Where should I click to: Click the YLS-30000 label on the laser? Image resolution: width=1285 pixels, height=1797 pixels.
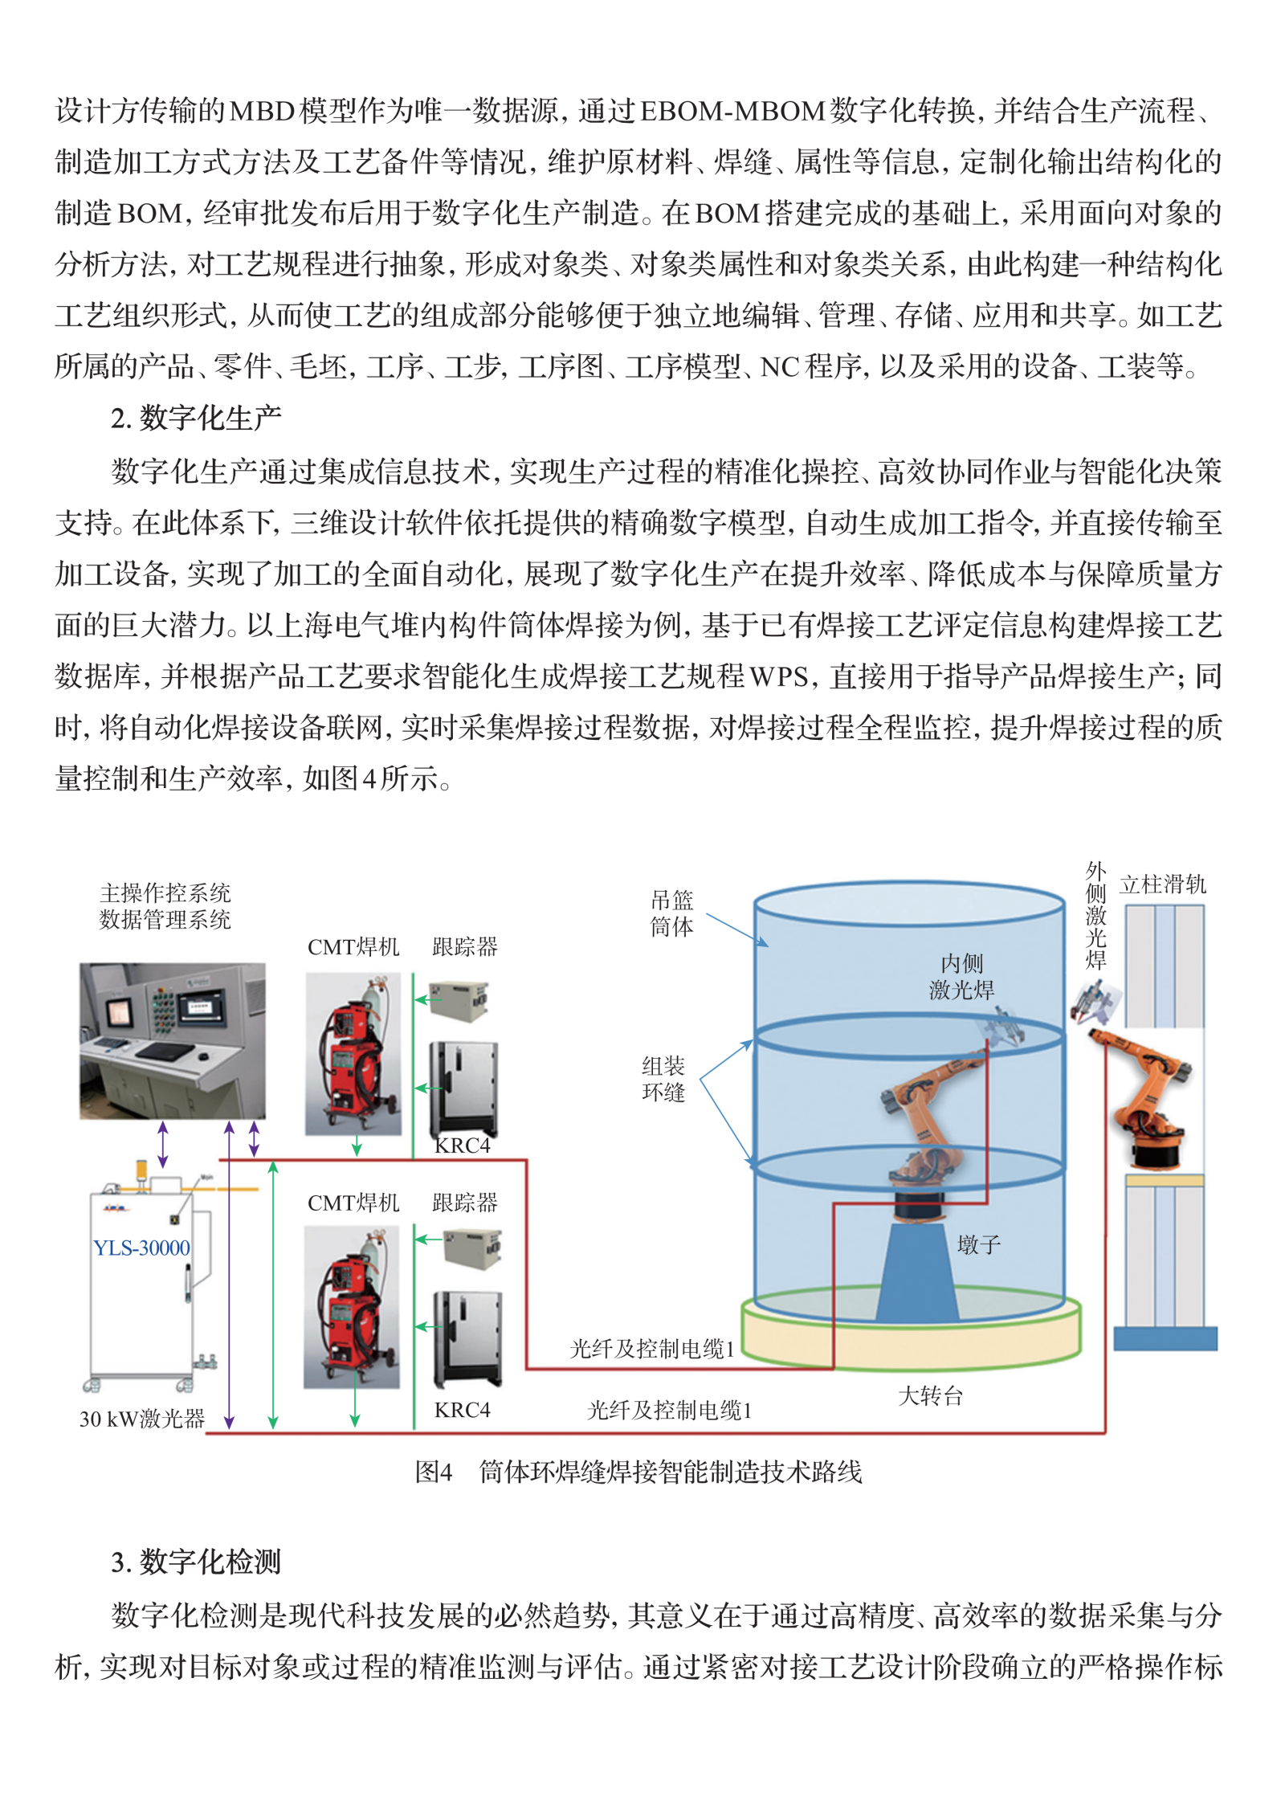pyautogui.click(x=141, y=1248)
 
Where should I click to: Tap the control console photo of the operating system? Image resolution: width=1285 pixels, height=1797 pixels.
pyautogui.click(x=172, y=1040)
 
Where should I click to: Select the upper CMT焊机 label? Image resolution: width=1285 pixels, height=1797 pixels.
pyautogui.click(x=353, y=947)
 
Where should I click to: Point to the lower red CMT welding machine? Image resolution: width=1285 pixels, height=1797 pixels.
pyautogui.click(x=352, y=1307)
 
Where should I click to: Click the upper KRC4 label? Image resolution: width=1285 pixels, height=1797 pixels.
pyautogui.click(x=463, y=1146)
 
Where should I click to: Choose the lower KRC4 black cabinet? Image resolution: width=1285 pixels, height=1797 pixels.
pyautogui.click(x=467, y=1339)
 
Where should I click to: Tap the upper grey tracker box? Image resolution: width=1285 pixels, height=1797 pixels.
pyautogui.click(x=459, y=1001)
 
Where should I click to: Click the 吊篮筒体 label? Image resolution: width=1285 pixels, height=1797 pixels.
pyautogui.click(x=671, y=913)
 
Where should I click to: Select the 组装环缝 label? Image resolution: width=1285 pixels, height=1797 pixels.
pyautogui.click(x=663, y=1079)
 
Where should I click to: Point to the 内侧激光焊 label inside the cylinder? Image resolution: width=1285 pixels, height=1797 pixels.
pyautogui.click(x=961, y=977)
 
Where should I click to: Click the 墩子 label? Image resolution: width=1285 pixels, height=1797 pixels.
pyautogui.click(x=979, y=1245)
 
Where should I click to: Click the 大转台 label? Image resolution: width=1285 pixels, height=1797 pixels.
pyautogui.click(x=930, y=1395)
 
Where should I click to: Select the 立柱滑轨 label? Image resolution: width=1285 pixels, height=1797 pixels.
pyautogui.click(x=1163, y=884)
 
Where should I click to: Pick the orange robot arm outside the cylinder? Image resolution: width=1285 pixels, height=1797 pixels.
pyautogui.click(x=1144, y=1097)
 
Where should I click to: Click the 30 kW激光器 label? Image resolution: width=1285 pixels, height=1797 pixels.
pyautogui.click(x=142, y=1419)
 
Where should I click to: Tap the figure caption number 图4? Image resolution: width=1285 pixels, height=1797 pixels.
pyautogui.click(x=434, y=1472)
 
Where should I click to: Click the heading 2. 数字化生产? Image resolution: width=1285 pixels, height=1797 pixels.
pyautogui.click(x=196, y=418)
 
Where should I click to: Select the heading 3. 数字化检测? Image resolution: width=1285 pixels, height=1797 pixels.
pyautogui.click(x=196, y=1562)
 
